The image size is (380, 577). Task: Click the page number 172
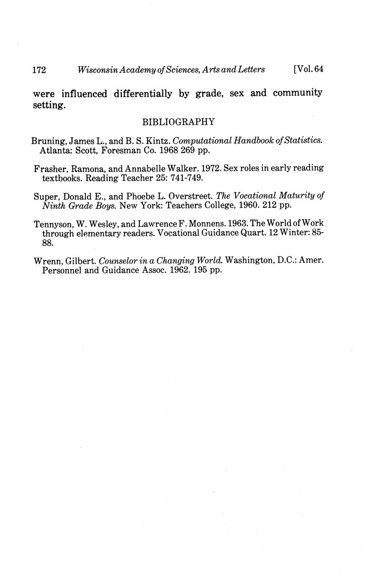pyautogui.click(x=39, y=70)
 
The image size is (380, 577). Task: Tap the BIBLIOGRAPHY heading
pyautogui.click(x=179, y=122)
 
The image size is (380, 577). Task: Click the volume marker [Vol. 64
pyautogui.click(x=309, y=69)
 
